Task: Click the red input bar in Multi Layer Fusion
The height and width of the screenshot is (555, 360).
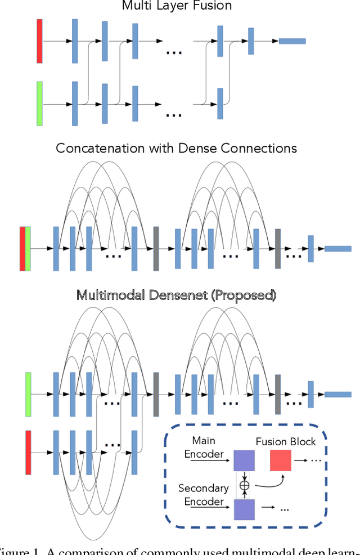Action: click(x=39, y=41)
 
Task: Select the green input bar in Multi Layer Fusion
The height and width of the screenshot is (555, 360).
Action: click(x=39, y=104)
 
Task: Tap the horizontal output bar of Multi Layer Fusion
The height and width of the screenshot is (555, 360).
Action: click(x=292, y=41)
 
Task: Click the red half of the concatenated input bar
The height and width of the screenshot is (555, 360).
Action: click(x=22, y=249)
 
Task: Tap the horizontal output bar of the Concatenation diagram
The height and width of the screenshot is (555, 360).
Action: click(x=337, y=249)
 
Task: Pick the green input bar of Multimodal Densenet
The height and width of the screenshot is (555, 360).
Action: click(x=28, y=394)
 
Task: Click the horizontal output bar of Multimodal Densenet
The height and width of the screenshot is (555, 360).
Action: click(x=337, y=395)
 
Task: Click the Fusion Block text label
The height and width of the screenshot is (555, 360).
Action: click(x=286, y=442)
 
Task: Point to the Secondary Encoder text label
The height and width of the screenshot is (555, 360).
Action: click(x=204, y=494)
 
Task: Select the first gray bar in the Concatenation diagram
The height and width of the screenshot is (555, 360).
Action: click(x=156, y=249)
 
